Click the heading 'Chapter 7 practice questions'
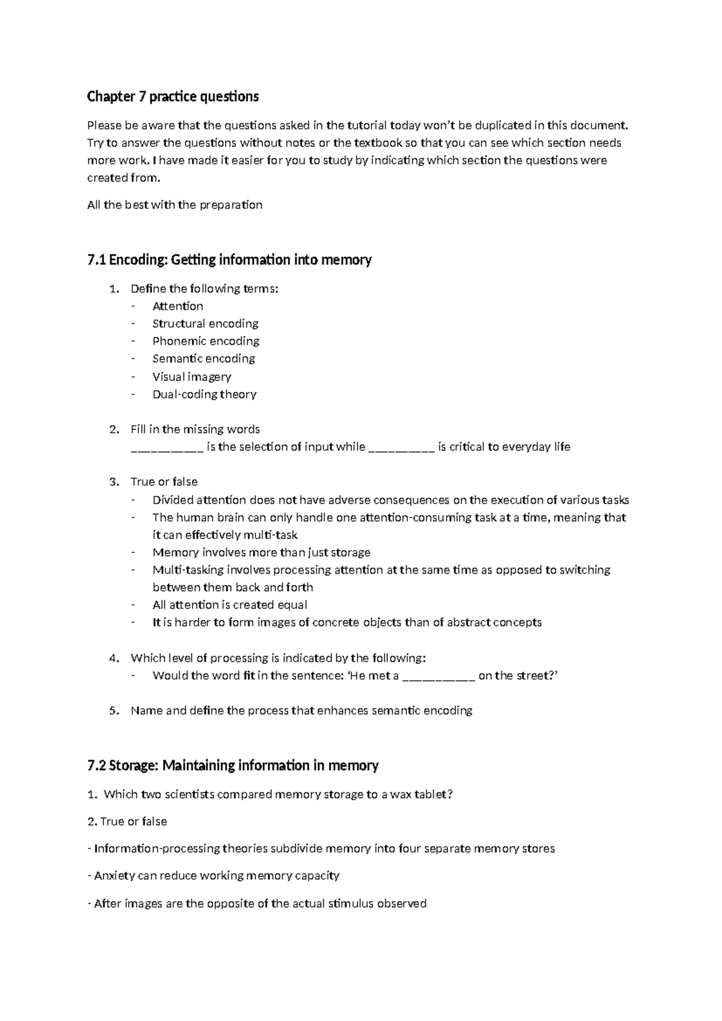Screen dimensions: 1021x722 pos(173,96)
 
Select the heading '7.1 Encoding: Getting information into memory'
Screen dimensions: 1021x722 pos(229,260)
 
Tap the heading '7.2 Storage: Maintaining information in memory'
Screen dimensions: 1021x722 pos(233,766)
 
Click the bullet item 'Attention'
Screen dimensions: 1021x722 pos(177,306)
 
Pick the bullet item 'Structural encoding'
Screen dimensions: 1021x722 pos(205,324)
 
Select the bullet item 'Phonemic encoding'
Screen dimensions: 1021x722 pos(206,341)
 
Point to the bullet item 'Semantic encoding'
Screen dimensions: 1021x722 pos(203,359)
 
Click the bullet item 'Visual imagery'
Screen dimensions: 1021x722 pos(191,377)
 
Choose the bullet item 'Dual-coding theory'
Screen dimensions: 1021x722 pos(204,394)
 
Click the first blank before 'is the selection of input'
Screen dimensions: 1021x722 pos(167,448)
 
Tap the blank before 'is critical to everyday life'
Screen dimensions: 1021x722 pos(401,448)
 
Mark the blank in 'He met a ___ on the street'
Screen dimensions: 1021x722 pos(439,677)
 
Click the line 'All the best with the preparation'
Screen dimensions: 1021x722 pos(174,205)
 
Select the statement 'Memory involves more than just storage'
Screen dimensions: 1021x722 pos(261,553)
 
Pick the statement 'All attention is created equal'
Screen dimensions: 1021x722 pos(230,605)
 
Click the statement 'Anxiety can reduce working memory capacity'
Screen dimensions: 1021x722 pos(217,876)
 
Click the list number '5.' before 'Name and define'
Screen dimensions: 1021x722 pos(114,711)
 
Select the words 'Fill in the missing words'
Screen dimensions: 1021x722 pos(195,430)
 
